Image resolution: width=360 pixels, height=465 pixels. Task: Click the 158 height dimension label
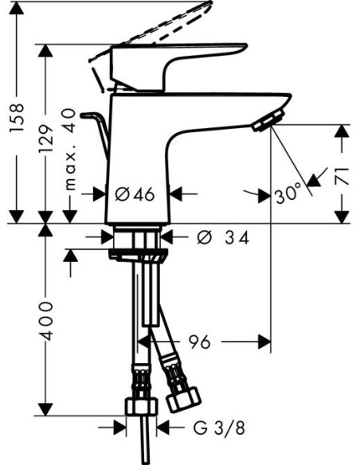click(x=17, y=118)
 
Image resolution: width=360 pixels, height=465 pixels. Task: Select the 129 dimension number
click(x=46, y=139)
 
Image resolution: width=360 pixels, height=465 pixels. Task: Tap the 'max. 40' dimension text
click(x=70, y=149)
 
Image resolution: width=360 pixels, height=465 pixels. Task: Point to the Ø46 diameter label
click(x=135, y=194)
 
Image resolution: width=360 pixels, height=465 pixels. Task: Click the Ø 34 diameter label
click(x=223, y=237)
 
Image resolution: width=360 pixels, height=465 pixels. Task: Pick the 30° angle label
click(x=288, y=195)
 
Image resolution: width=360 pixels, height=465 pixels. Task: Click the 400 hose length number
click(x=46, y=321)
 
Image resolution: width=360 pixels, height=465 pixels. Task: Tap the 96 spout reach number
click(x=200, y=342)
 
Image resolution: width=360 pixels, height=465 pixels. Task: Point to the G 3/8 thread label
click(x=219, y=428)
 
